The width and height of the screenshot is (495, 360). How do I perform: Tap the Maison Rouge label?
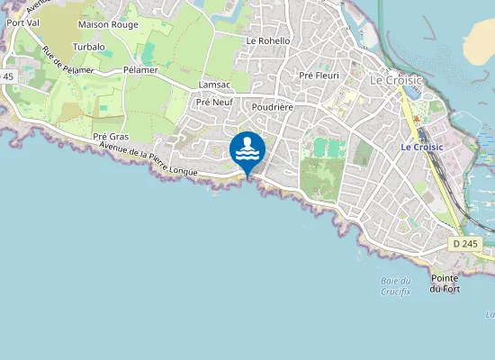(108, 24)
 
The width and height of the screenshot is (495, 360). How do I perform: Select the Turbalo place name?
(89, 46)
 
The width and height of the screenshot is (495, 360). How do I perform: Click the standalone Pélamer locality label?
(140, 69)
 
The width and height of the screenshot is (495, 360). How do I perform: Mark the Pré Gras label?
(112, 137)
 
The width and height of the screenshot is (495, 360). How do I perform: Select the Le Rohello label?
(268, 40)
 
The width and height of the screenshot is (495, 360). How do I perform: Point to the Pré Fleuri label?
(319, 76)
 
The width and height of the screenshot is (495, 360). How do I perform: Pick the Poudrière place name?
(274, 106)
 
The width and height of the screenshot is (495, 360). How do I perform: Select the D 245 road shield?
(466, 243)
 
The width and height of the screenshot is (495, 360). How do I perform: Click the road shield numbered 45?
(8, 77)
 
